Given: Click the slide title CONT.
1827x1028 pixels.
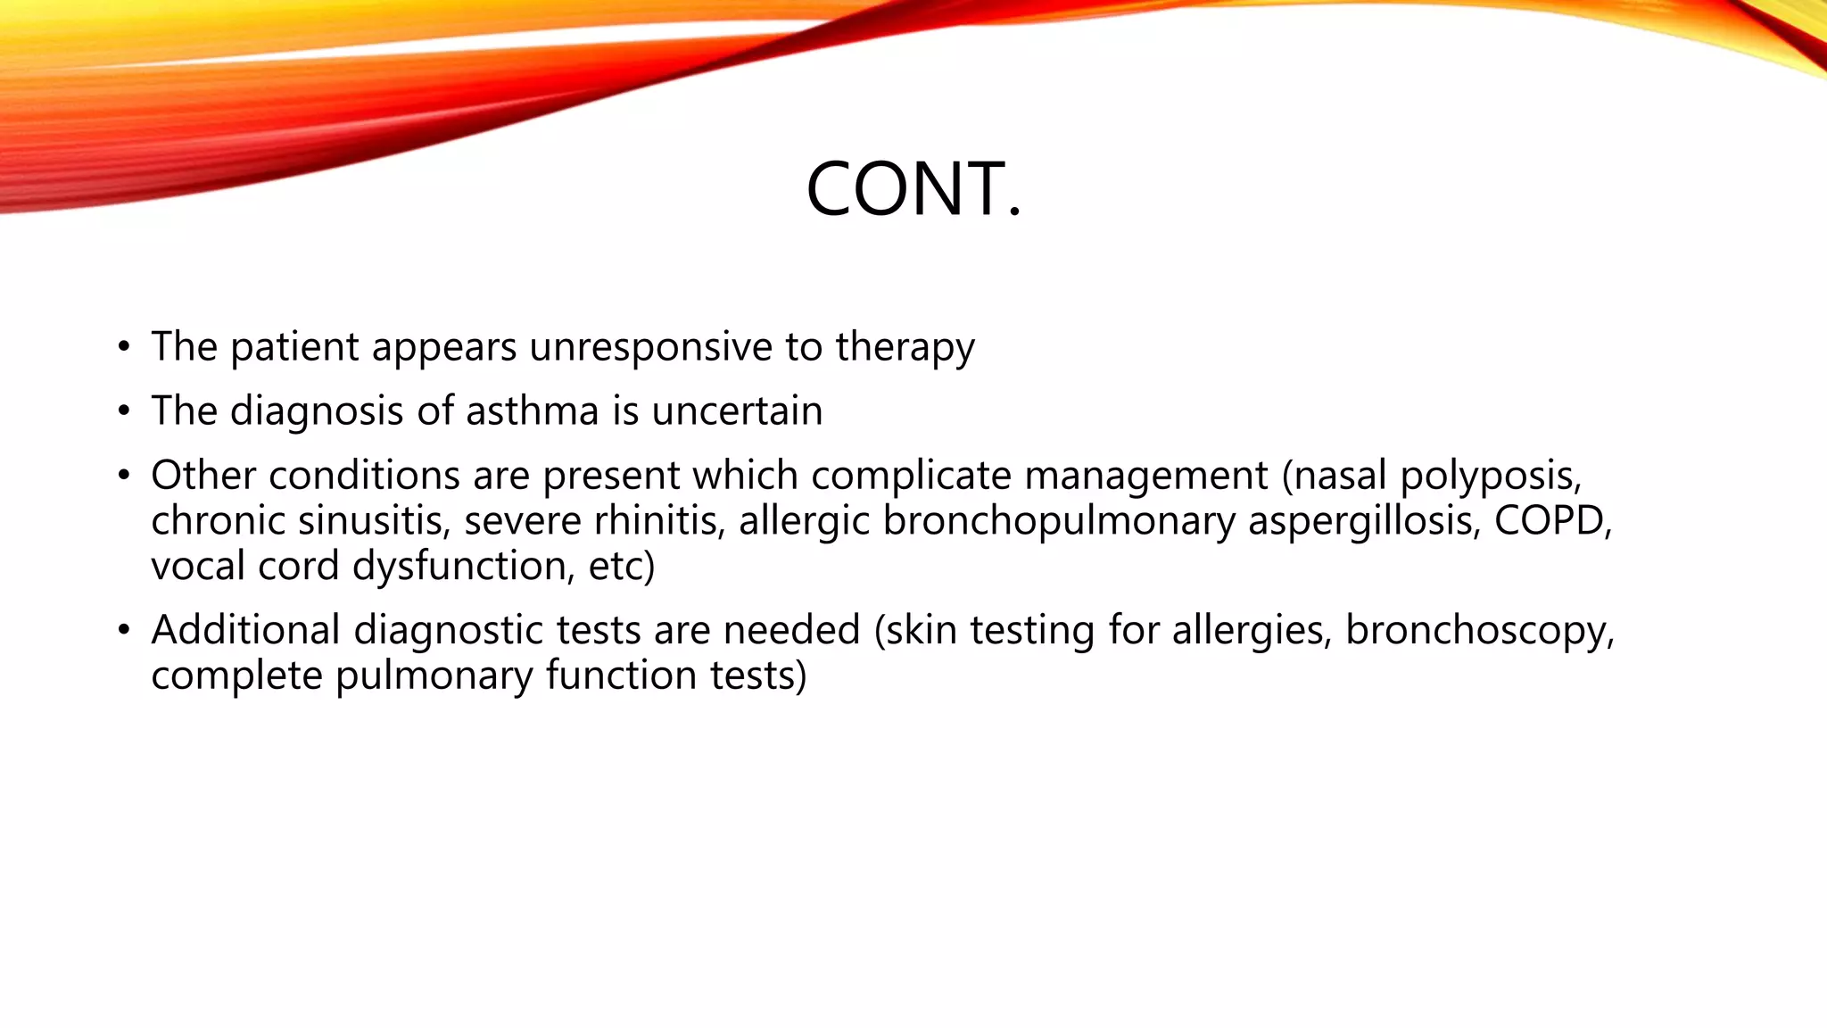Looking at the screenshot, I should tap(913, 189).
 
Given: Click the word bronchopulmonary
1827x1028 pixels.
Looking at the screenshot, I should tap(1059, 521).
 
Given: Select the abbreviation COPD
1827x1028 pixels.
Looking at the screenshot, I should tap(1552, 521).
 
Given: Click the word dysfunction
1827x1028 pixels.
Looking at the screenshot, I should tap(464, 567).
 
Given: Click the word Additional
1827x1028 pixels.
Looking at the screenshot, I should tap(245, 630).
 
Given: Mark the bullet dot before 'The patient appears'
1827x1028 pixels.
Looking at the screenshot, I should tap(124, 347).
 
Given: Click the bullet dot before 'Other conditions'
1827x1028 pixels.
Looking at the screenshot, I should tap(124, 476).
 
